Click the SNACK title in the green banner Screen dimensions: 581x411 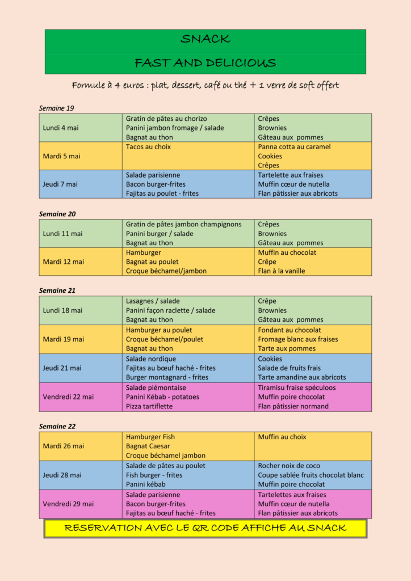(x=205, y=39)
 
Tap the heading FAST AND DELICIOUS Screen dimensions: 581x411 (x=205, y=63)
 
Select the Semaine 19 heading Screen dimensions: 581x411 (x=56, y=108)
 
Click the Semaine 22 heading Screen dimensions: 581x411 (x=57, y=426)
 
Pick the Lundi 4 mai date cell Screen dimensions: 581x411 (x=61, y=128)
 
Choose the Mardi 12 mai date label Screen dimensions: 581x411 (x=63, y=262)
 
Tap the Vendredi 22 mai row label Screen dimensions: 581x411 (x=68, y=397)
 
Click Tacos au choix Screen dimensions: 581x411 (x=148, y=147)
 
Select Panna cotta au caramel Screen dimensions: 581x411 (x=294, y=147)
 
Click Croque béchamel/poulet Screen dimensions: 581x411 (x=164, y=339)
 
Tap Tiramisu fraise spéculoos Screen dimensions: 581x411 (x=296, y=388)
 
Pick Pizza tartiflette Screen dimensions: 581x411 (x=150, y=406)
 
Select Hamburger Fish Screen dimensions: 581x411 (x=150, y=437)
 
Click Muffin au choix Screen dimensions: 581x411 (x=282, y=437)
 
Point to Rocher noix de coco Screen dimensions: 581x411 (x=289, y=466)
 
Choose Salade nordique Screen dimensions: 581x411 (x=150, y=359)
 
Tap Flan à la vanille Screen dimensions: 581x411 (x=281, y=271)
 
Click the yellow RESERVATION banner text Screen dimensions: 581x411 (x=205, y=528)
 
